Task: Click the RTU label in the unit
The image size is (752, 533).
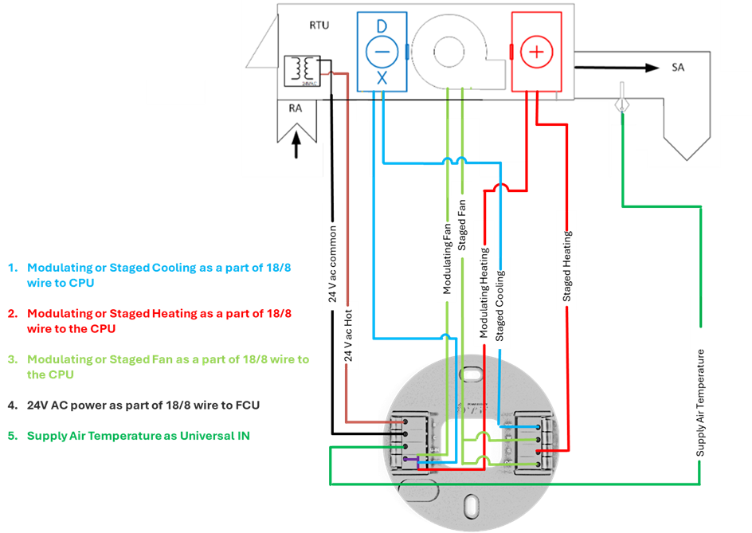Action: (x=319, y=25)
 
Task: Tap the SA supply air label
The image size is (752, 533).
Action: (x=678, y=68)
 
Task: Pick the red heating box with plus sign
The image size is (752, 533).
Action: (x=536, y=51)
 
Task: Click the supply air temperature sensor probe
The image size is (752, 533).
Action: (x=621, y=104)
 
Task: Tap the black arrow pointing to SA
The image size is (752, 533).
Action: (x=629, y=68)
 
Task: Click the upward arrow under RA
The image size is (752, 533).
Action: (x=296, y=147)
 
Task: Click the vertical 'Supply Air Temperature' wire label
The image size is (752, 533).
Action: (x=700, y=403)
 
